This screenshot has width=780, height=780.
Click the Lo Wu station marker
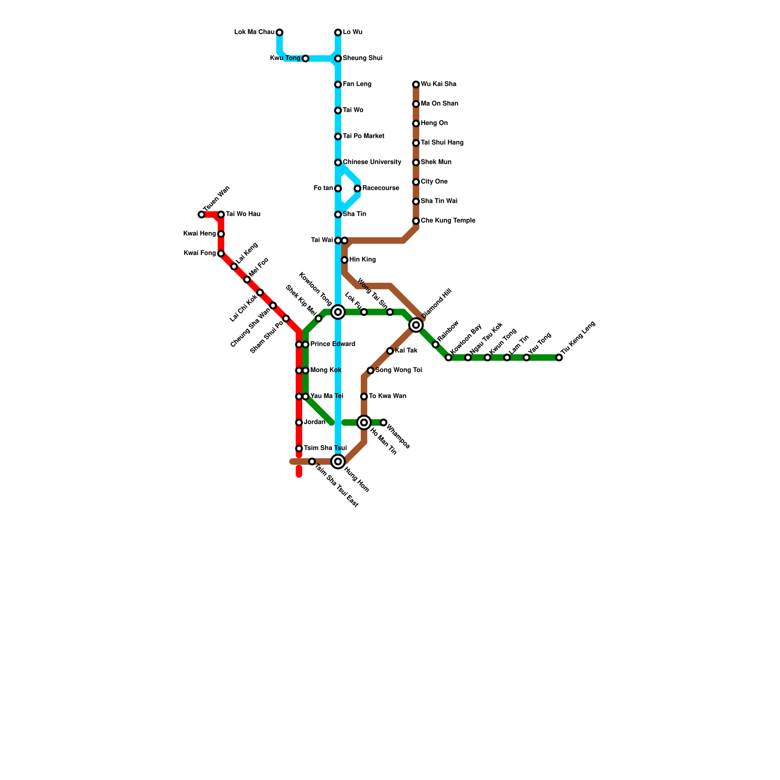[338, 33]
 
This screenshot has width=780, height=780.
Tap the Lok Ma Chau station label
[254, 33]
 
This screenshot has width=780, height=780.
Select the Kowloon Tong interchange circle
[338, 312]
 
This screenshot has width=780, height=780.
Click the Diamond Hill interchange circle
[416, 325]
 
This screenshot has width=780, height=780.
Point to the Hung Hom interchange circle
[338, 461]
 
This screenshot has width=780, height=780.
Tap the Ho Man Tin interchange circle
[364, 422]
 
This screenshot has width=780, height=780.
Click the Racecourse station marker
[357, 189]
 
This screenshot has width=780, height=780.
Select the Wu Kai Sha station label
[438, 84]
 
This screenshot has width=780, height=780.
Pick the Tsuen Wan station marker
[201, 214]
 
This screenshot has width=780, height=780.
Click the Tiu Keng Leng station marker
[559, 358]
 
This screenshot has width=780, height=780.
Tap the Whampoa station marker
[384, 422]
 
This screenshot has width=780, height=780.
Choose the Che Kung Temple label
[448, 221]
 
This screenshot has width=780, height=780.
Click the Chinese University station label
[371, 162]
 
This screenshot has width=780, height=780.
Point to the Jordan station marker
[299, 422]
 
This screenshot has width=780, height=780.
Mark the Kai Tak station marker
[390, 351]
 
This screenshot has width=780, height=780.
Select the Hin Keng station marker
[345, 260]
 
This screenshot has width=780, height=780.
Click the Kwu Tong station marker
[305, 58]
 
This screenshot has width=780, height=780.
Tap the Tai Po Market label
[363, 136]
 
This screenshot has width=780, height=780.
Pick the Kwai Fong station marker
[221, 253]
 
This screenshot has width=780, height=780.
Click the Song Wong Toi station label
[398, 370]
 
